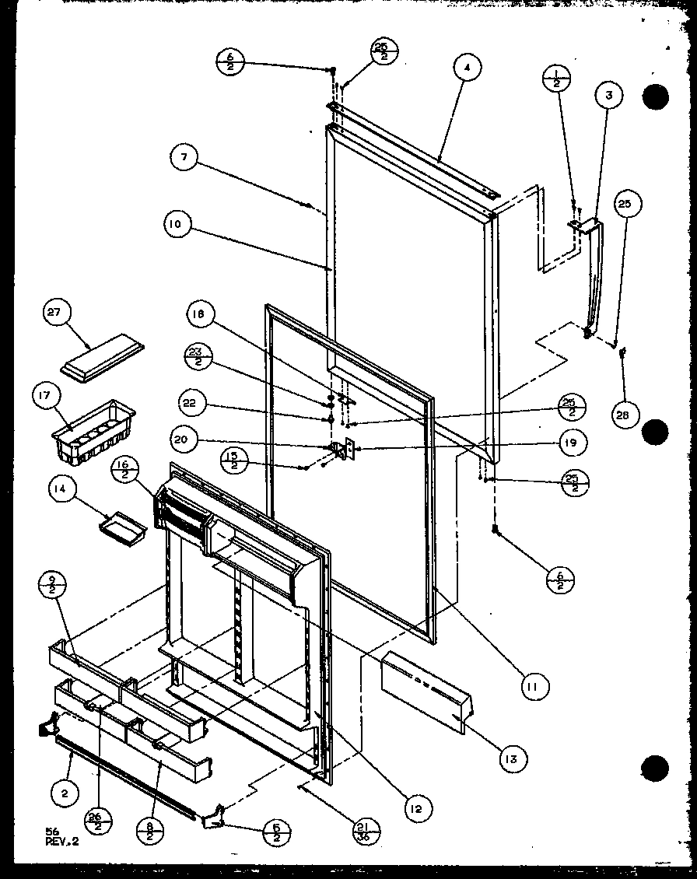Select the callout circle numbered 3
click(x=609, y=96)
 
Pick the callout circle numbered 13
click(x=514, y=758)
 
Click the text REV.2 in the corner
click(x=62, y=841)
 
